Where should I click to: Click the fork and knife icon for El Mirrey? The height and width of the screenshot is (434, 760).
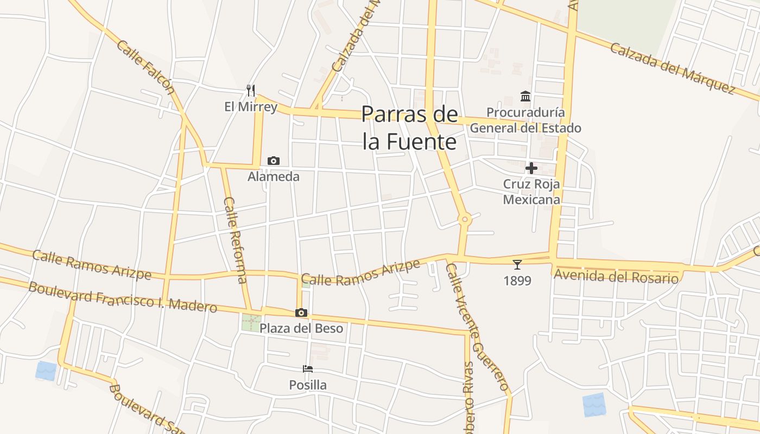click(x=250, y=90)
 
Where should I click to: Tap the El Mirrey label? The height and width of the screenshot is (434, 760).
click(x=251, y=107)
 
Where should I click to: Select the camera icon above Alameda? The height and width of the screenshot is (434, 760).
click(x=274, y=161)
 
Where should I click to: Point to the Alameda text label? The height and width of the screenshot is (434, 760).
click(x=274, y=177)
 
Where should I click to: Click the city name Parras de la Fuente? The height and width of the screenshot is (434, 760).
click(x=410, y=128)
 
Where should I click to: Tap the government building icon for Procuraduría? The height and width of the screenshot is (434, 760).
click(x=525, y=97)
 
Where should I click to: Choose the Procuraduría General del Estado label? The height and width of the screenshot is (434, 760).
click(x=525, y=120)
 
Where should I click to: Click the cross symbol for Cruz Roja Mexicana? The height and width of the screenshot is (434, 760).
click(x=531, y=168)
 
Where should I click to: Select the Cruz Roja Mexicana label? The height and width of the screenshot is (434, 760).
click(x=531, y=192)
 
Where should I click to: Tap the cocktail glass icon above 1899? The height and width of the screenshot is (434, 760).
click(x=517, y=265)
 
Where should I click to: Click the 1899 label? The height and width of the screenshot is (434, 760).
click(x=517, y=281)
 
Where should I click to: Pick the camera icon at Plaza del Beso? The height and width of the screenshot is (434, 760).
click(x=301, y=312)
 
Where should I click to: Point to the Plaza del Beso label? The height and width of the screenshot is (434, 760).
click(x=301, y=329)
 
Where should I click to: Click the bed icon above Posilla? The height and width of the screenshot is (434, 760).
click(x=308, y=369)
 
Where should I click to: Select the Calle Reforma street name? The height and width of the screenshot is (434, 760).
click(x=235, y=239)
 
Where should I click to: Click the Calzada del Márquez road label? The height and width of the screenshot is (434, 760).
click(x=672, y=67)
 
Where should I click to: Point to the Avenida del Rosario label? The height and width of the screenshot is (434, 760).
click(x=616, y=277)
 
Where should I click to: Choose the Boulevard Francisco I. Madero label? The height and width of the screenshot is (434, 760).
click(x=123, y=297)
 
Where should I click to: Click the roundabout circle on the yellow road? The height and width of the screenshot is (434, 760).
click(x=464, y=220)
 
